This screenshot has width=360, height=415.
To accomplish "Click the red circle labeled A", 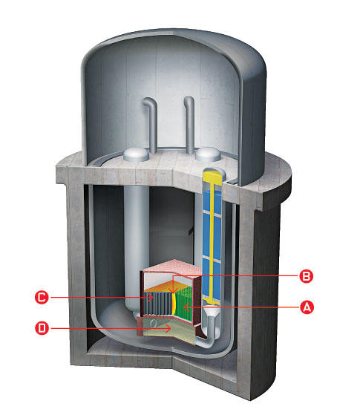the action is coord(307,307).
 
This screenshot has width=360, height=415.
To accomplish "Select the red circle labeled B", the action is coord(307,276).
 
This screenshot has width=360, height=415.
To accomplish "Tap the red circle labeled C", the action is coord(42,297).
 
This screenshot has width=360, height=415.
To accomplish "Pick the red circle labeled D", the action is coord(42,328).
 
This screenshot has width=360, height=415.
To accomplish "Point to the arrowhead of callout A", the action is coord(186,307).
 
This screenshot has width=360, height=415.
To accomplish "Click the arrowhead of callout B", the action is coord(173,290).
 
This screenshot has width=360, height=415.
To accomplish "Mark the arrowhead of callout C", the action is coord(151,298).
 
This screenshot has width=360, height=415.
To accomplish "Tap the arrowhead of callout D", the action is coord(168,329).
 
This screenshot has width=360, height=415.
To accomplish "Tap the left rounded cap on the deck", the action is coord(137,154).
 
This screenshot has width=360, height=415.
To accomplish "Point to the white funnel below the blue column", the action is coord(211,313).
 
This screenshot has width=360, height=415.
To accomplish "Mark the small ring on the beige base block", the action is coord(153,324).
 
